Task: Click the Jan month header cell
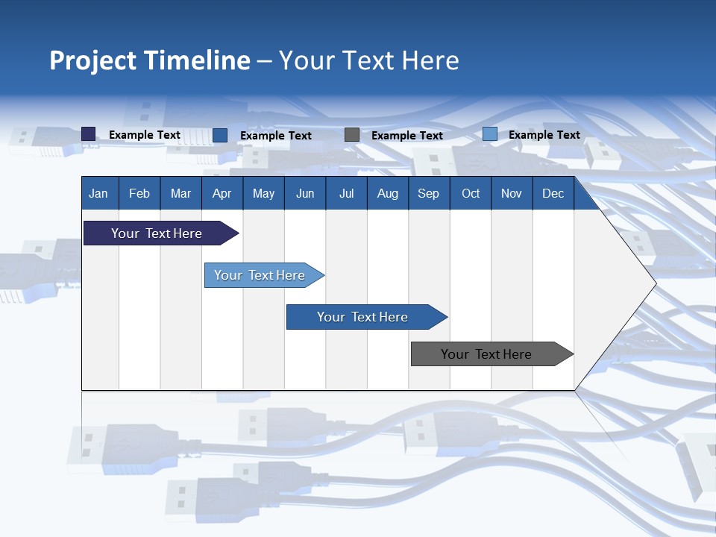[99, 193]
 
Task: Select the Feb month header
[139, 193]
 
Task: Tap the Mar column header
[180, 193]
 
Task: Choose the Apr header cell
[222, 193]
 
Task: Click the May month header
[263, 193]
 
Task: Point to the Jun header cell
[305, 193]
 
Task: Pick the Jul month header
[346, 193]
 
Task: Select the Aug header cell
[388, 193]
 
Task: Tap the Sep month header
[429, 193]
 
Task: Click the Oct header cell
[471, 193]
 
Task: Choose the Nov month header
[512, 193]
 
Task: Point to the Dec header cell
[553, 193]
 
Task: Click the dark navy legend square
[89, 134]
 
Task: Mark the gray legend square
[352, 135]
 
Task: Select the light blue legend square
[490, 134]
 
